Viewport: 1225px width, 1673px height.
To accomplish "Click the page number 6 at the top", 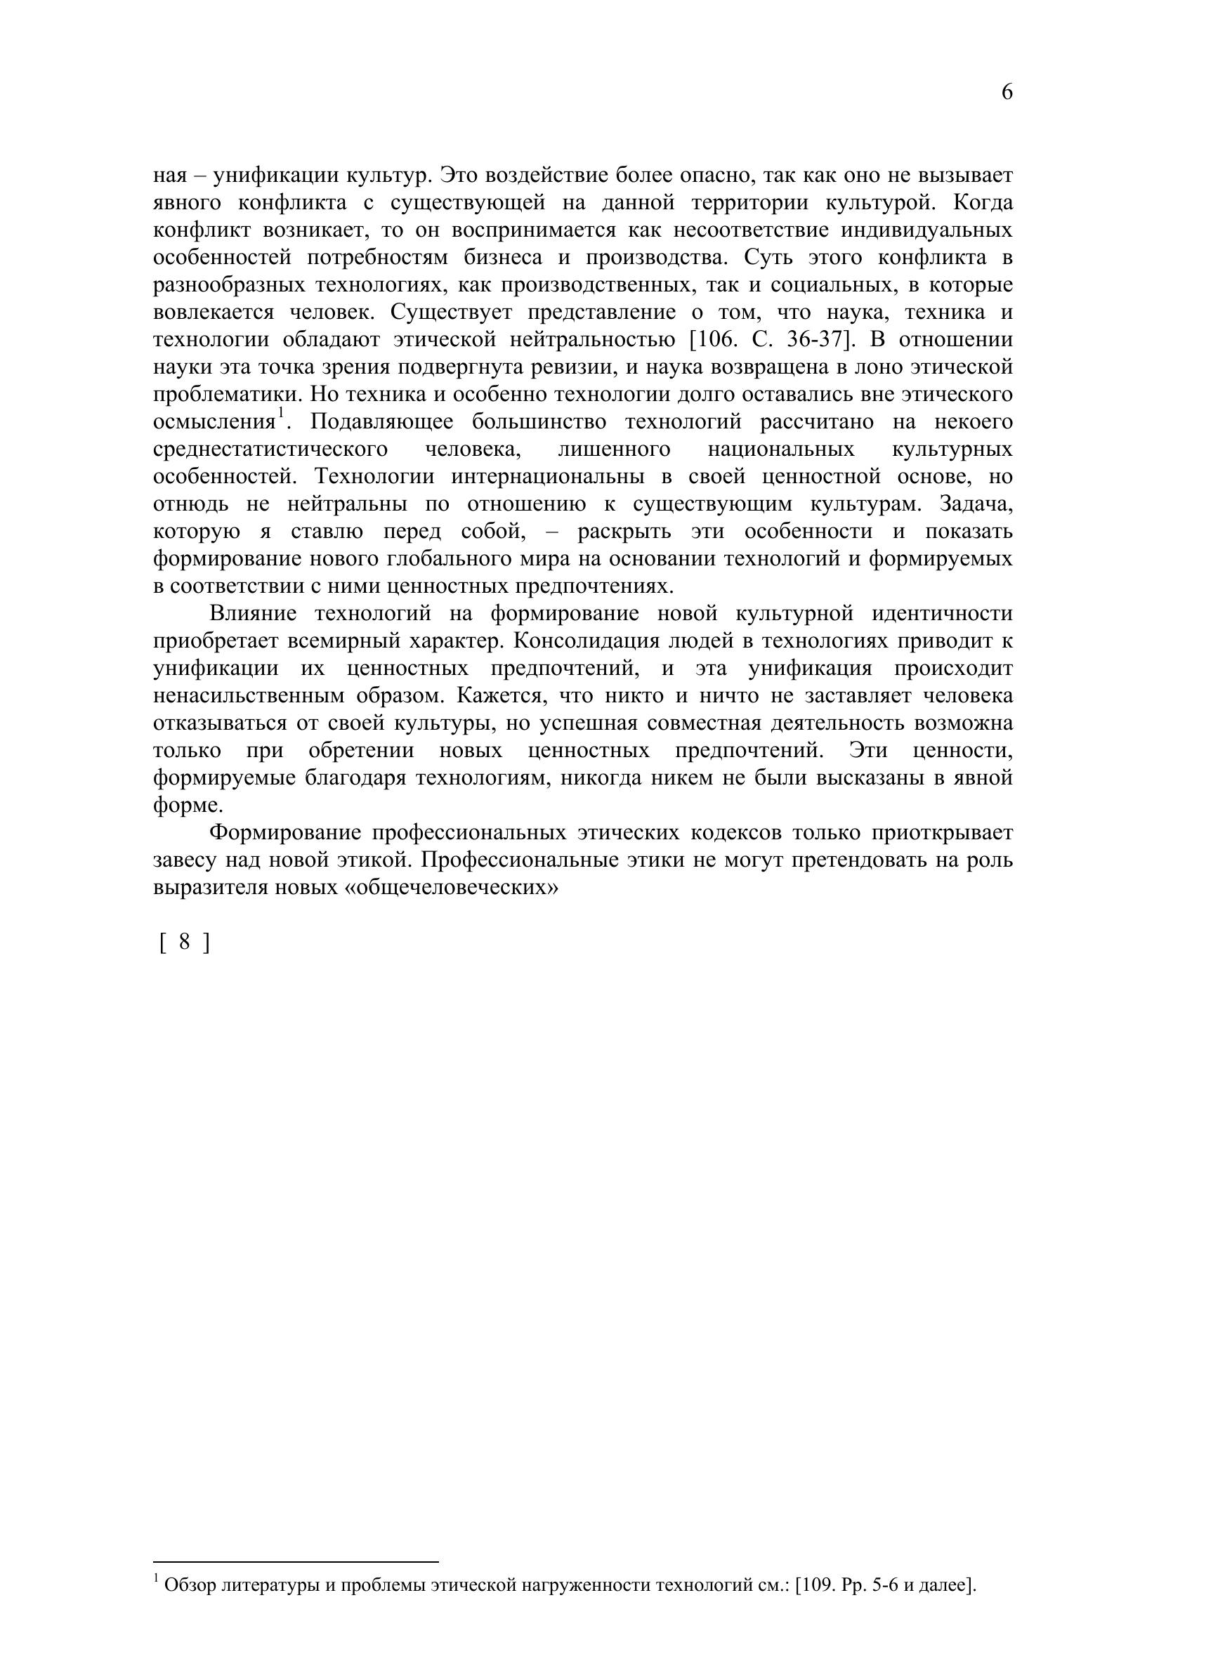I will click(x=1007, y=93).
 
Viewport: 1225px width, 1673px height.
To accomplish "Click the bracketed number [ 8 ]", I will click(x=185, y=942).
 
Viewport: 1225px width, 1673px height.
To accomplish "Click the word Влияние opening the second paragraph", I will click(x=253, y=615).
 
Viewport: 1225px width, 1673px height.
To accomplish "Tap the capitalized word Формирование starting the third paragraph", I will click(x=285, y=833).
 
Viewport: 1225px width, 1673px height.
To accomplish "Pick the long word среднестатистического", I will click(x=270, y=450).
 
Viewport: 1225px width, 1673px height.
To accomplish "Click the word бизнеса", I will click(x=504, y=258).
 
